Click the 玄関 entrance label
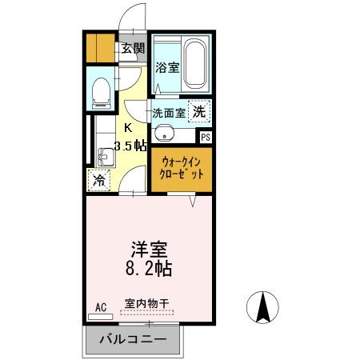132,48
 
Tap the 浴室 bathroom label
166,68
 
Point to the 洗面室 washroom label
169,113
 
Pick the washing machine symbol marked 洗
199,112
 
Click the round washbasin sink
163,134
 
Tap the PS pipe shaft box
206,138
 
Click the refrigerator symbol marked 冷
99,180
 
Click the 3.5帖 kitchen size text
130,145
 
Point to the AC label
101,306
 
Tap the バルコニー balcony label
133,340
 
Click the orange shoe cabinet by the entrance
101,48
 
